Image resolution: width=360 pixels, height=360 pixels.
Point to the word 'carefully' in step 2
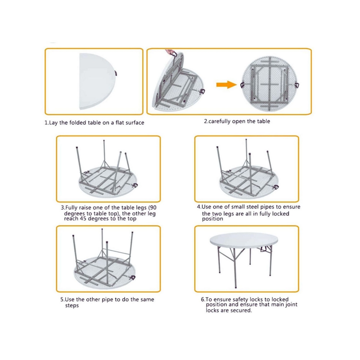pyautogui.click(x=222, y=121)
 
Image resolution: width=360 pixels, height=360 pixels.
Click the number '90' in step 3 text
pyautogui.click(x=152, y=208)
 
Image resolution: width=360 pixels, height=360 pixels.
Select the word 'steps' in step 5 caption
pyautogui.click(x=72, y=306)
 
